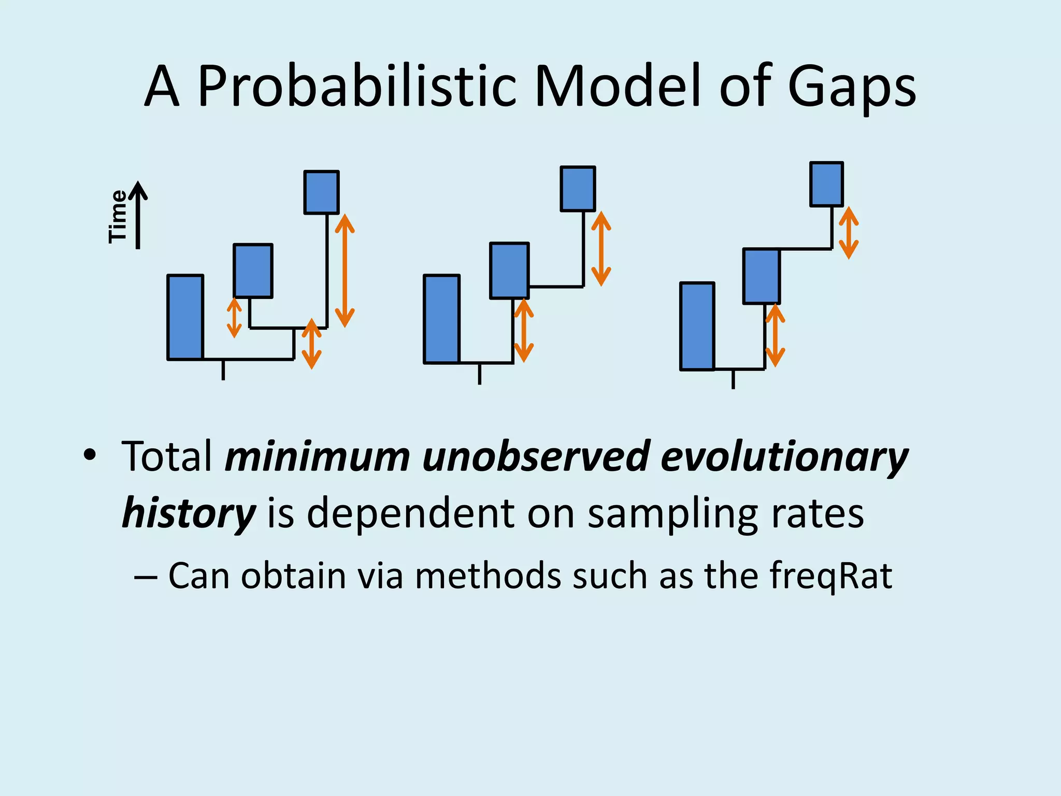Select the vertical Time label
click(x=118, y=216)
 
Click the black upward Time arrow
click(x=138, y=215)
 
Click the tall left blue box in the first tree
click(x=185, y=317)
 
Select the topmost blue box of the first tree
click(x=321, y=192)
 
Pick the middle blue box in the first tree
click(x=253, y=271)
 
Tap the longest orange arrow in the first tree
click(x=345, y=271)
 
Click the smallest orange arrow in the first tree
click(x=234, y=318)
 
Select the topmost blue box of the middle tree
click(x=578, y=189)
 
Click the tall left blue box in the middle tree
click(x=441, y=319)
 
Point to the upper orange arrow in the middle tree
click(x=601, y=249)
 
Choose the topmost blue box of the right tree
click(x=826, y=184)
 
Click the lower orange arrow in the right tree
click(x=775, y=336)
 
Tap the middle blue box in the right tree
click(x=761, y=276)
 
